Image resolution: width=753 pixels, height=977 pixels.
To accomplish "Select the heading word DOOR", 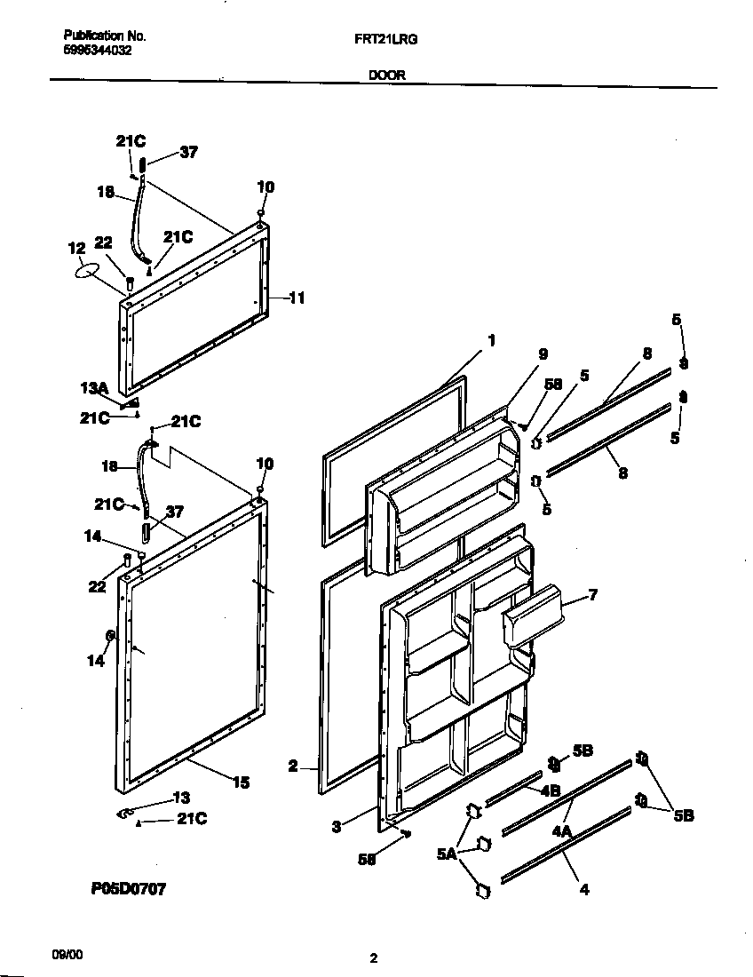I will [x=386, y=75].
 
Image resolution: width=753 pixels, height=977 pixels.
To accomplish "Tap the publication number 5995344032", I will [x=98, y=51].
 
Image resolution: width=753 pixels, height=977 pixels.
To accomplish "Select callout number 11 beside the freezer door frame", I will [x=297, y=298].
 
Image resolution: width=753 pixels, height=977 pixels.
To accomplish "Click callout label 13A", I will [x=93, y=389].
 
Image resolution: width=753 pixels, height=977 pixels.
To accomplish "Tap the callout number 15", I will [x=241, y=782].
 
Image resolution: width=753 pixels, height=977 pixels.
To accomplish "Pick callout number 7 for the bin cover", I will [x=592, y=594].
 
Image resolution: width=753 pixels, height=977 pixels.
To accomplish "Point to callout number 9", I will [x=543, y=353].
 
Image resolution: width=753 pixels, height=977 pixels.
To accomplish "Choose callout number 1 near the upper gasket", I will [x=491, y=339].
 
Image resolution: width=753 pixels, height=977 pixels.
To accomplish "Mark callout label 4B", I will [x=550, y=789].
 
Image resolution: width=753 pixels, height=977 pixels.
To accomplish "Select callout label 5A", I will [x=447, y=854].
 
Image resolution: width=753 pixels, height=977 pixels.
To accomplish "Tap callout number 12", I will [x=76, y=248].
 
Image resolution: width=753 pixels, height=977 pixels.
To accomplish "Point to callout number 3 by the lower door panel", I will [x=337, y=827].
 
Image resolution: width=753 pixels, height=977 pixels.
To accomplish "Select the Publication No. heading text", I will [x=105, y=36].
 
